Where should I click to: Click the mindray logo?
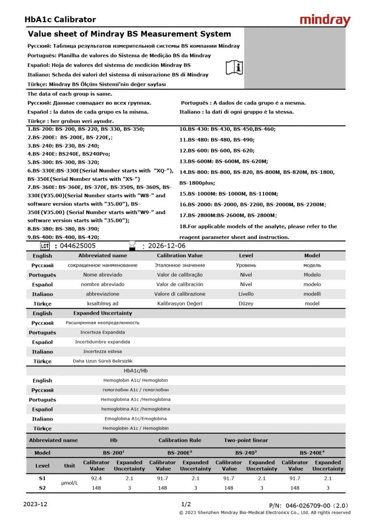(325, 20)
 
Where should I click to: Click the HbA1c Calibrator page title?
(60, 19)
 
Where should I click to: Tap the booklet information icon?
(234, 67)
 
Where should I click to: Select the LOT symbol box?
(45, 246)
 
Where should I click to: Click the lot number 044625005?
(78, 246)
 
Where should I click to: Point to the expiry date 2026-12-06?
(166, 246)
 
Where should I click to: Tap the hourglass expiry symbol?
(132, 246)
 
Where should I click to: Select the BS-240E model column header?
(312, 453)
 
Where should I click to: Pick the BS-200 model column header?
(114, 453)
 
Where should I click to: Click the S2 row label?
(42, 488)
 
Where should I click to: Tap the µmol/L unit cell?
(69, 483)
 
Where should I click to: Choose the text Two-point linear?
(246, 440)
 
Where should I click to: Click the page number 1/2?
(186, 504)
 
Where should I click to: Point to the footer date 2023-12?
(35, 504)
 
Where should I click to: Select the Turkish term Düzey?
(246, 304)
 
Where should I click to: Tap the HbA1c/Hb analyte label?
(136, 371)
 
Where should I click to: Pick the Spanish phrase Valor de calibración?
(180, 284)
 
